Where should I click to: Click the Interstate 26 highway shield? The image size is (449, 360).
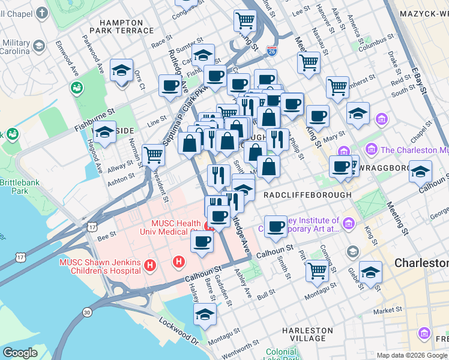coord(272,51)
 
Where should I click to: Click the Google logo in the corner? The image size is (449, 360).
coord(20,353)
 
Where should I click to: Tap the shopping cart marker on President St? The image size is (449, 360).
coord(154,154)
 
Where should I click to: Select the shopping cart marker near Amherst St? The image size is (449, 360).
coord(337,86)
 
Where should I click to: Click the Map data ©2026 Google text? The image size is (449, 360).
coord(412,355)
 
